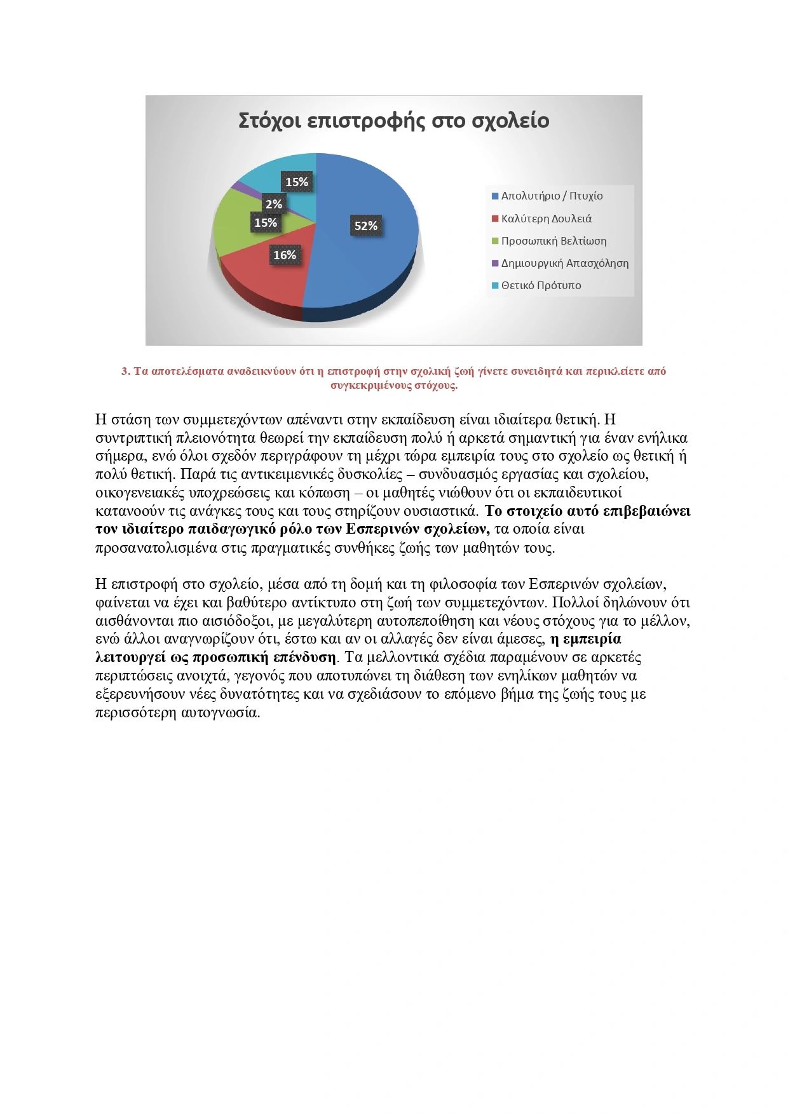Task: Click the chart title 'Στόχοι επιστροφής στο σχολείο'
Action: point(393,121)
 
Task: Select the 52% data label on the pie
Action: point(366,226)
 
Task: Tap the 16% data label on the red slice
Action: point(285,255)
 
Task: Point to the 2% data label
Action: point(274,205)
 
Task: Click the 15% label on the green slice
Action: point(266,223)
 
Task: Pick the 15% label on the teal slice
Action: point(297,182)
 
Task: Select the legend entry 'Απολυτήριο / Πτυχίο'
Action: point(552,196)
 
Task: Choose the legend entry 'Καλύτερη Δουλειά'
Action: point(546,219)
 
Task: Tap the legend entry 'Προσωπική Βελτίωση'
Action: point(554,241)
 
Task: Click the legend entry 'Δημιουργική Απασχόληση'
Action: point(564,263)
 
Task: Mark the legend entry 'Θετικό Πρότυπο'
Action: point(541,285)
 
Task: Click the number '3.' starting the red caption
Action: point(126,372)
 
